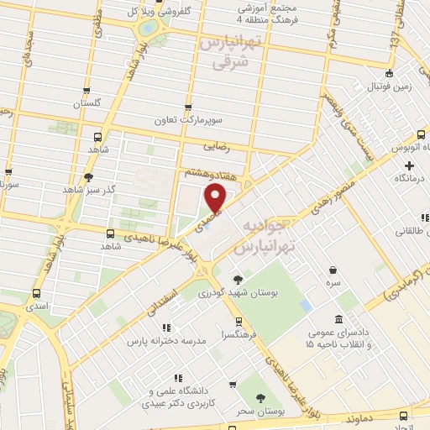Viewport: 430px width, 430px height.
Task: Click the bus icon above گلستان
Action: [88, 91]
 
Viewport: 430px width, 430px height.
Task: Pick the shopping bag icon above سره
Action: [334, 271]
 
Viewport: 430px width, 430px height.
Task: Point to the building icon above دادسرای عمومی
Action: [338, 319]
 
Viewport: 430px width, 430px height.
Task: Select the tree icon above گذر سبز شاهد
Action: [88, 176]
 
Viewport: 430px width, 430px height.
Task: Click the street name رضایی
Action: [216, 145]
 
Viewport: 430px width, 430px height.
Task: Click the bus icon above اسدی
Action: [36, 294]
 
